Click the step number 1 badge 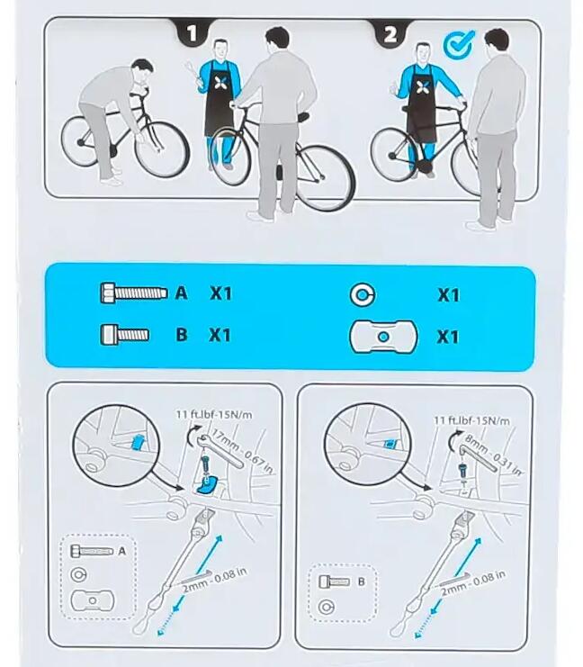[x=193, y=32]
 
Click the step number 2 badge [x=390, y=33]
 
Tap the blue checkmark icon [x=459, y=43]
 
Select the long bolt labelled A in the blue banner [x=134, y=293]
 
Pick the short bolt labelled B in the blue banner [x=124, y=334]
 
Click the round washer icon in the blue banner [x=363, y=294]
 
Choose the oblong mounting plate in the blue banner [x=383, y=337]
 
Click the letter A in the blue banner [x=181, y=293]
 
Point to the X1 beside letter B [x=220, y=335]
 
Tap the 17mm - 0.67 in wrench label [x=242, y=452]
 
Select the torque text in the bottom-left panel [x=214, y=414]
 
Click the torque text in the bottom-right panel [x=471, y=420]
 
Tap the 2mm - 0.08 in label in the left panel [x=215, y=581]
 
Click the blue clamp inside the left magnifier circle [x=138, y=443]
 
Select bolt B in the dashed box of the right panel [x=335, y=581]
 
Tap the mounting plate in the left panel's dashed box [x=93, y=600]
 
